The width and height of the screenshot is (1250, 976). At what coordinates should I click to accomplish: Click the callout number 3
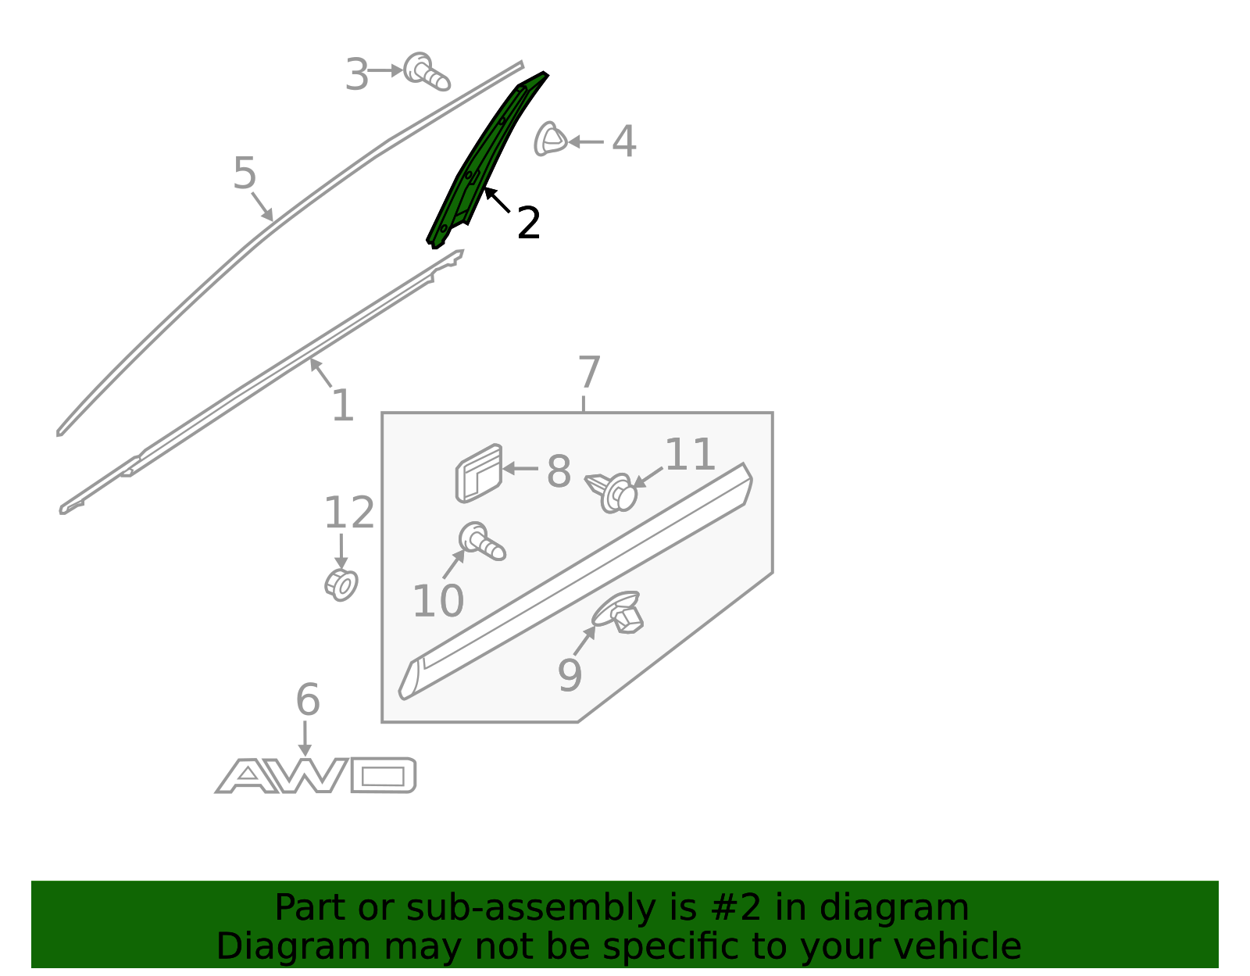(x=357, y=75)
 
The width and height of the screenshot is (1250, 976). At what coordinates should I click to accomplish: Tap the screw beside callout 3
(x=427, y=72)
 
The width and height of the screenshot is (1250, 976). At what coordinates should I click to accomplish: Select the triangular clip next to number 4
(x=550, y=138)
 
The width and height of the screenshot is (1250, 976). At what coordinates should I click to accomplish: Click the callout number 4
(x=623, y=141)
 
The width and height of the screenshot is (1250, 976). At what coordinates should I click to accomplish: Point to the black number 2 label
(x=529, y=223)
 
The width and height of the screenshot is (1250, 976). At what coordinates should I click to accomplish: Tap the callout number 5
(x=245, y=173)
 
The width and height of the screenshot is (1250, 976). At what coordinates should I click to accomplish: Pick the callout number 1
(x=343, y=406)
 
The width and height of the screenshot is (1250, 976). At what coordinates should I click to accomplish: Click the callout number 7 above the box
(x=590, y=372)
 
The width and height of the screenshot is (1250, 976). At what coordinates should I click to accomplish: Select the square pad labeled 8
(x=479, y=474)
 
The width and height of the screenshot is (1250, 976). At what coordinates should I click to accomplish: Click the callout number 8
(x=559, y=472)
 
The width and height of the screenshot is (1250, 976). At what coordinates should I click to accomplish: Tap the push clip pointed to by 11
(x=612, y=493)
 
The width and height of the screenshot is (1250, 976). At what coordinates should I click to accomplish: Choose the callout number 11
(x=690, y=454)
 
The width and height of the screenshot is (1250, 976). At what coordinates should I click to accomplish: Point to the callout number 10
(x=438, y=601)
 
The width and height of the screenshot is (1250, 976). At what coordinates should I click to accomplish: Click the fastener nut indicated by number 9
(x=618, y=613)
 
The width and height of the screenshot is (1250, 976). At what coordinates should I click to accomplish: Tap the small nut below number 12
(x=341, y=585)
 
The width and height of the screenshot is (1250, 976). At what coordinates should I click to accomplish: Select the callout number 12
(x=349, y=513)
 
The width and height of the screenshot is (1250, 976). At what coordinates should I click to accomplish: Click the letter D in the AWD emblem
(x=383, y=775)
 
